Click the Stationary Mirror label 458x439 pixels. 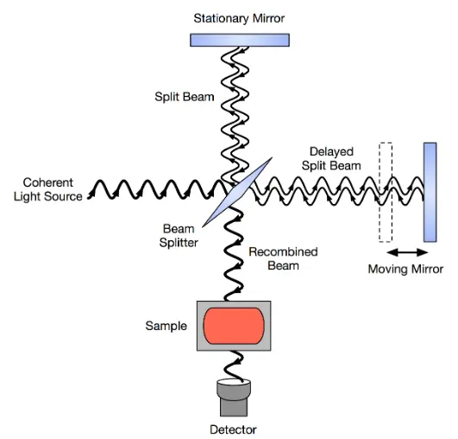click(x=239, y=18)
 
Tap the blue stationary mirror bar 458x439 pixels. click(x=240, y=40)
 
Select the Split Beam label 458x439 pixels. click(x=185, y=97)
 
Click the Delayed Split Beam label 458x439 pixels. click(x=331, y=159)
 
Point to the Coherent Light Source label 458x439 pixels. click(x=48, y=189)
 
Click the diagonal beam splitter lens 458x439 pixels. click(x=237, y=192)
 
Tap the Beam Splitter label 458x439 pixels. click(x=179, y=236)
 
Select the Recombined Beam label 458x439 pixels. click(x=283, y=258)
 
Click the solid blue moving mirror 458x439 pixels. click(x=430, y=193)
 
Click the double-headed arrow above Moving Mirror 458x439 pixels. click(x=407, y=252)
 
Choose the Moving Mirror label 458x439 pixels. click(x=405, y=269)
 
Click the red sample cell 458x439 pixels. click(x=234, y=326)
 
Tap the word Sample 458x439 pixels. click(x=166, y=326)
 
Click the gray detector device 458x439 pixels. click(x=234, y=398)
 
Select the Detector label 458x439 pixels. click(x=233, y=429)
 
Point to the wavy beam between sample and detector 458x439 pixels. click(x=234, y=366)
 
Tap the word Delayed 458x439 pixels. click(x=331, y=152)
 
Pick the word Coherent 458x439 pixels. click(x=48, y=182)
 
